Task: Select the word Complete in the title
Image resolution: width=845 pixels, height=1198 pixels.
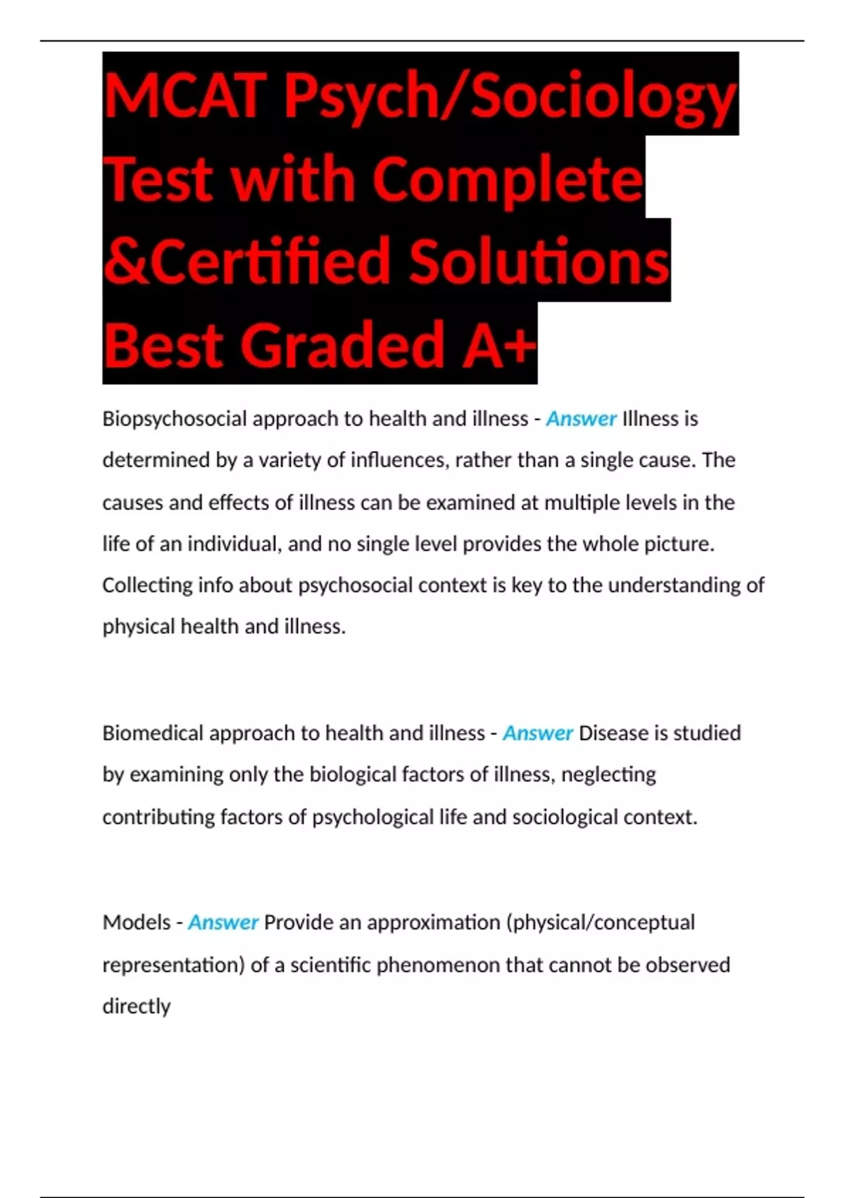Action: click(x=507, y=179)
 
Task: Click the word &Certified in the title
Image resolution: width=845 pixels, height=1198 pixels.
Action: click(x=246, y=261)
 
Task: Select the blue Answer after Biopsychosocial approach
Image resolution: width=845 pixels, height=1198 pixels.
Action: click(x=582, y=419)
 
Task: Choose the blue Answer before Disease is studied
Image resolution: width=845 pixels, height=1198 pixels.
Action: click(x=537, y=734)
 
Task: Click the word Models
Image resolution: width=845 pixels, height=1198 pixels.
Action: click(x=136, y=922)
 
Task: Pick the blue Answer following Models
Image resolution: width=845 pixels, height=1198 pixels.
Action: click(x=223, y=922)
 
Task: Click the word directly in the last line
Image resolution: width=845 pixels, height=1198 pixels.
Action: click(x=137, y=1006)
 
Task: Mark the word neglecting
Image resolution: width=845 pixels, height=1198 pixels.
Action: click(x=608, y=775)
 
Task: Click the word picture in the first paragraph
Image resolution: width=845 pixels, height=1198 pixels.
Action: click(x=679, y=544)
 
